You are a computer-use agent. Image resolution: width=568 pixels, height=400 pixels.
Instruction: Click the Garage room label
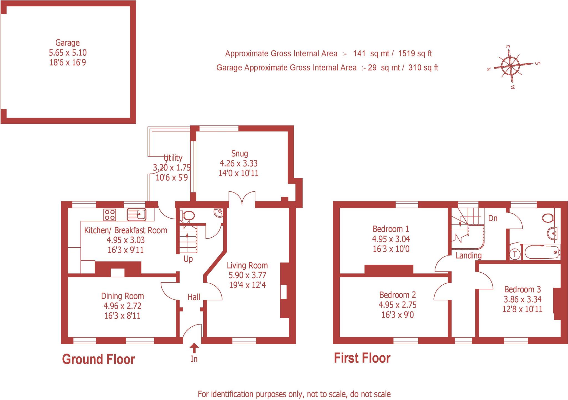click(x=67, y=43)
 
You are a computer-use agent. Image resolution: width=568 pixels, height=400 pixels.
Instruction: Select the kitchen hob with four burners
click(x=110, y=215)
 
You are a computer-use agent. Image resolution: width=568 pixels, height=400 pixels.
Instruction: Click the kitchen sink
click(x=136, y=214)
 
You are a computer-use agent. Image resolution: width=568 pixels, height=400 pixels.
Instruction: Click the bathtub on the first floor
click(x=541, y=252)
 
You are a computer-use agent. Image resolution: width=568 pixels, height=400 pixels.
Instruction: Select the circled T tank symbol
click(x=515, y=254)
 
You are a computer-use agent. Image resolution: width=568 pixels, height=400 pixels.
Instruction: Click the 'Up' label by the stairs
click(x=188, y=259)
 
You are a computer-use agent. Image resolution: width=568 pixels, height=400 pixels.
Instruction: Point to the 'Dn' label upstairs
click(x=493, y=218)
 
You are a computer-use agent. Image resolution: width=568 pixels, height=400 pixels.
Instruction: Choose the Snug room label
click(x=239, y=153)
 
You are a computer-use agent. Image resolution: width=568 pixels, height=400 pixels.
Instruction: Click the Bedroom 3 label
click(x=522, y=289)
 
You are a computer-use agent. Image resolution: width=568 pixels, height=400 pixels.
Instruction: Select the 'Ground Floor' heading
click(x=98, y=359)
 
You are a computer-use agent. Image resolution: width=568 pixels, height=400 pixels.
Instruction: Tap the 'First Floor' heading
click(x=362, y=358)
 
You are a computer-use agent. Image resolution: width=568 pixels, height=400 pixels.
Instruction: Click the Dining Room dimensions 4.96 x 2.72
click(x=122, y=306)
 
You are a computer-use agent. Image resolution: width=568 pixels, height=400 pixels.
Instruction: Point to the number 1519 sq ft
click(x=415, y=54)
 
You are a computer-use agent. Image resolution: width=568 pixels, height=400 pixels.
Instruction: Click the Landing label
click(x=468, y=255)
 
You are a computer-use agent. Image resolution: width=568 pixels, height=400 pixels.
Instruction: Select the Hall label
click(x=194, y=297)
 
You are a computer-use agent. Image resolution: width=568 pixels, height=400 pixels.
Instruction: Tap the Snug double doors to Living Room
click(x=242, y=199)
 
